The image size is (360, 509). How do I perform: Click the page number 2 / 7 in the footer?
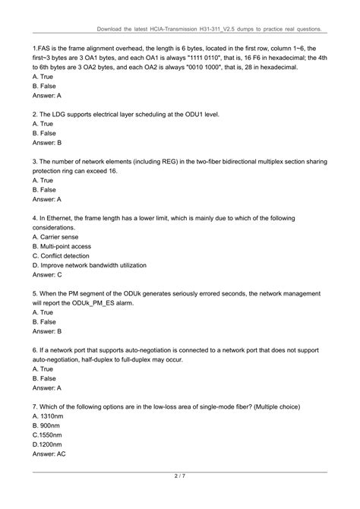point(180,477)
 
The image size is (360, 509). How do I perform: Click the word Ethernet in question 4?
point(65,218)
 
